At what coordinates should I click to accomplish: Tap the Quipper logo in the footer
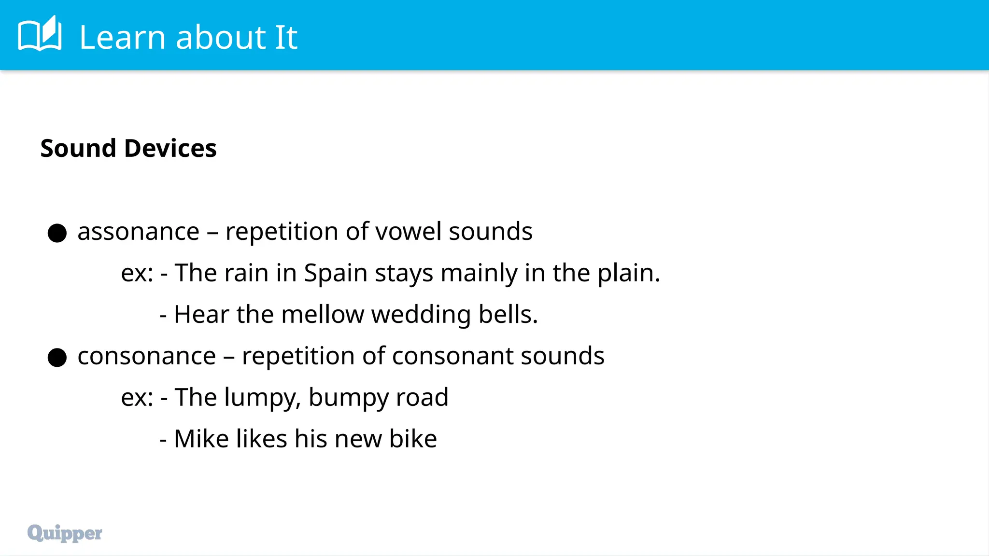(x=65, y=533)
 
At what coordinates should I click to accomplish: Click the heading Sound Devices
(x=128, y=148)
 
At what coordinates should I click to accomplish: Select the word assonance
(x=138, y=232)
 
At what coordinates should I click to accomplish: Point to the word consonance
(x=146, y=356)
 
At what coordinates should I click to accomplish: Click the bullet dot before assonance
(x=57, y=233)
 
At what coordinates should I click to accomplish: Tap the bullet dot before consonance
(x=57, y=358)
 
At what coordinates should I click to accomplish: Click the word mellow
(x=322, y=315)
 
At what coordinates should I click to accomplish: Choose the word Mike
(x=201, y=439)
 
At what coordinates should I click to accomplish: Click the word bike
(x=413, y=439)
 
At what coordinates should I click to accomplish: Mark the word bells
(x=508, y=315)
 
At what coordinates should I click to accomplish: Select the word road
(x=422, y=398)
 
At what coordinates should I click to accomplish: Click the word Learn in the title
(x=123, y=37)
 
